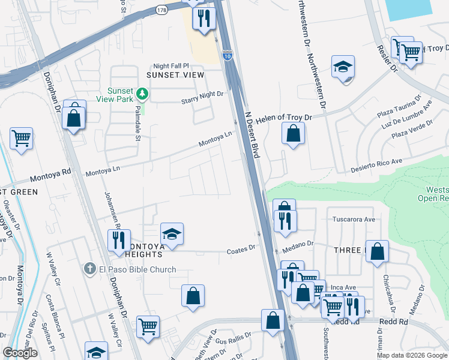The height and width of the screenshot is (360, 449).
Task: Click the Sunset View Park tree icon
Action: (x=142, y=93)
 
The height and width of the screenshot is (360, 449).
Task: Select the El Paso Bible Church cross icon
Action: (x=89, y=269)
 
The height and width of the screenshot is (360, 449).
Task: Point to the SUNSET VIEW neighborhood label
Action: (x=175, y=75)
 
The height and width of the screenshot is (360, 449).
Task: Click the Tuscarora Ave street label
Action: (x=354, y=220)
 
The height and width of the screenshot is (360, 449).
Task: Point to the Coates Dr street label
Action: (x=241, y=248)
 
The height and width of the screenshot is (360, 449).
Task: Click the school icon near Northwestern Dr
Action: (x=343, y=67)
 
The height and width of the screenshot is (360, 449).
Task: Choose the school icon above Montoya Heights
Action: (x=172, y=234)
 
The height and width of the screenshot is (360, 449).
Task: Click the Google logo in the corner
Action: (x=20, y=353)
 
